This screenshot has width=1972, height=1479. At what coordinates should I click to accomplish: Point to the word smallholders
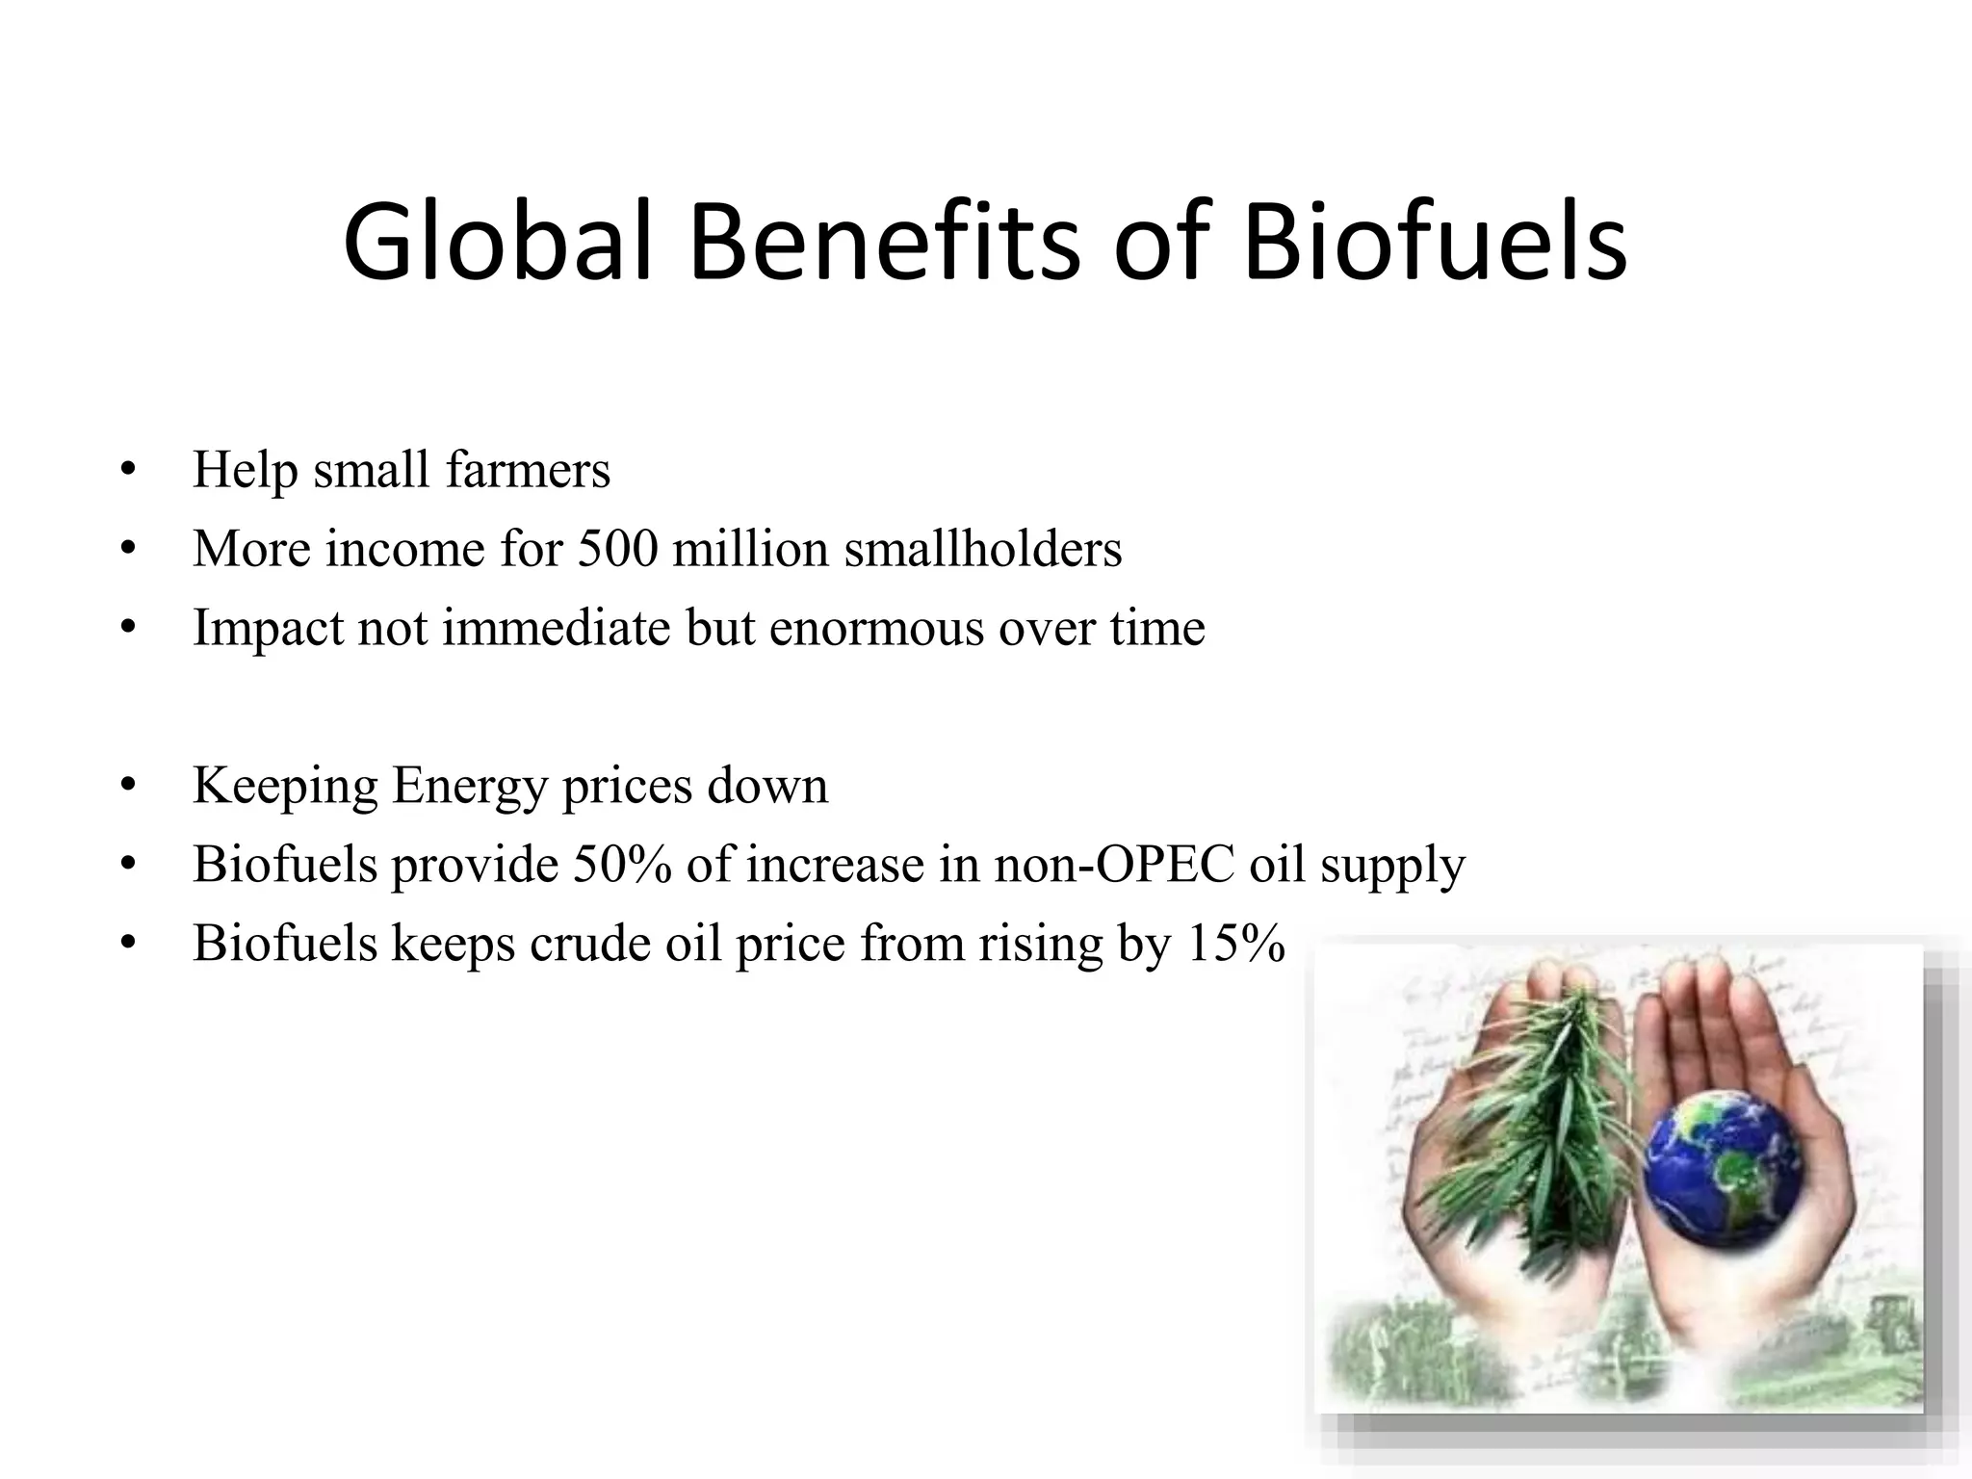click(x=983, y=549)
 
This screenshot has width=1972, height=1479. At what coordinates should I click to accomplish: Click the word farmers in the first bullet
click(x=528, y=470)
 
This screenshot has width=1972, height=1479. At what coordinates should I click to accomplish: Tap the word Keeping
click(x=285, y=786)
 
